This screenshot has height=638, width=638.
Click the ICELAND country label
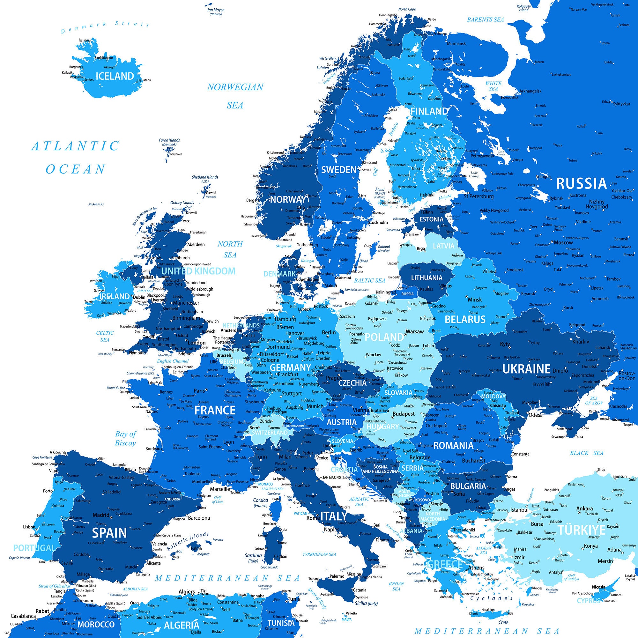click(x=115, y=76)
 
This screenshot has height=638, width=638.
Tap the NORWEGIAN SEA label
click(x=235, y=96)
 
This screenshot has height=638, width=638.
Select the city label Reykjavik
click(x=77, y=77)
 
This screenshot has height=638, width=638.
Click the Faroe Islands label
click(x=169, y=140)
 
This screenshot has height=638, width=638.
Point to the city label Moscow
click(x=563, y=242)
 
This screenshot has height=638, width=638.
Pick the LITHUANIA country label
click(x=426, y=278)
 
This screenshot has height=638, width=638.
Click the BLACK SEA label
click(x=587, y=453)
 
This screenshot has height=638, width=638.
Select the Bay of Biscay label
click(x=125, y=438)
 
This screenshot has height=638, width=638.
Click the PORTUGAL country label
click(x=34, y=548)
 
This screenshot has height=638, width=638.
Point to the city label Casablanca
click(x=23, y=616)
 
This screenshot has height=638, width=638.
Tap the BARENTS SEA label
click(x=485, y=20)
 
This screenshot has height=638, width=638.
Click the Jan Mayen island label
click(x=216, y=10)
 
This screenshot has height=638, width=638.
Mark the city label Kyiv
click(x=505, y=344)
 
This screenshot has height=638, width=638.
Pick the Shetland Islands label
click(x=205, y=177)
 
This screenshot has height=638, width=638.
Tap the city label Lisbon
click(x=29, y=527)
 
